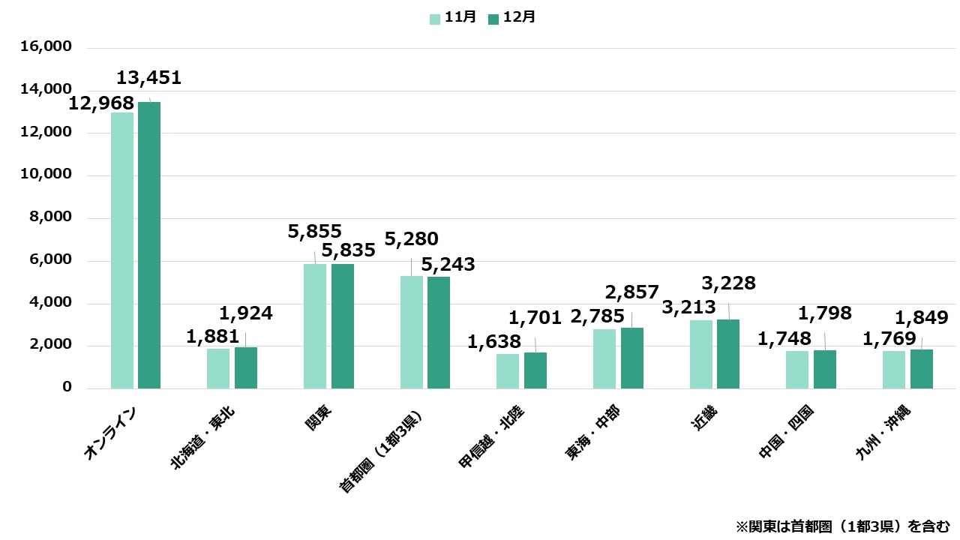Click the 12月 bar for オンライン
tap(149, 245)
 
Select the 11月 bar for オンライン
tap(122, 250)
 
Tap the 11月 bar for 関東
tap(315, 326)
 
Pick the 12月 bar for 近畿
tap(728, 354)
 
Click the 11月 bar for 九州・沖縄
tap(894, 370)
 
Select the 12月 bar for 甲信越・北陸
tap(535, 370)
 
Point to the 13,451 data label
tap(148, 78)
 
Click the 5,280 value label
tap(411, 239)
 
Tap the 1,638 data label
tap(494, 342)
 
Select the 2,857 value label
tap(631, 292)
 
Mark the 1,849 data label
tap(921, 317)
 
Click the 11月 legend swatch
tap(435, 19)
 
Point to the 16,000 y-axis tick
tap(46, 47)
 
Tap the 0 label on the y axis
tap(67, 388)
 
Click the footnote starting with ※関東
tap(842, 525)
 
